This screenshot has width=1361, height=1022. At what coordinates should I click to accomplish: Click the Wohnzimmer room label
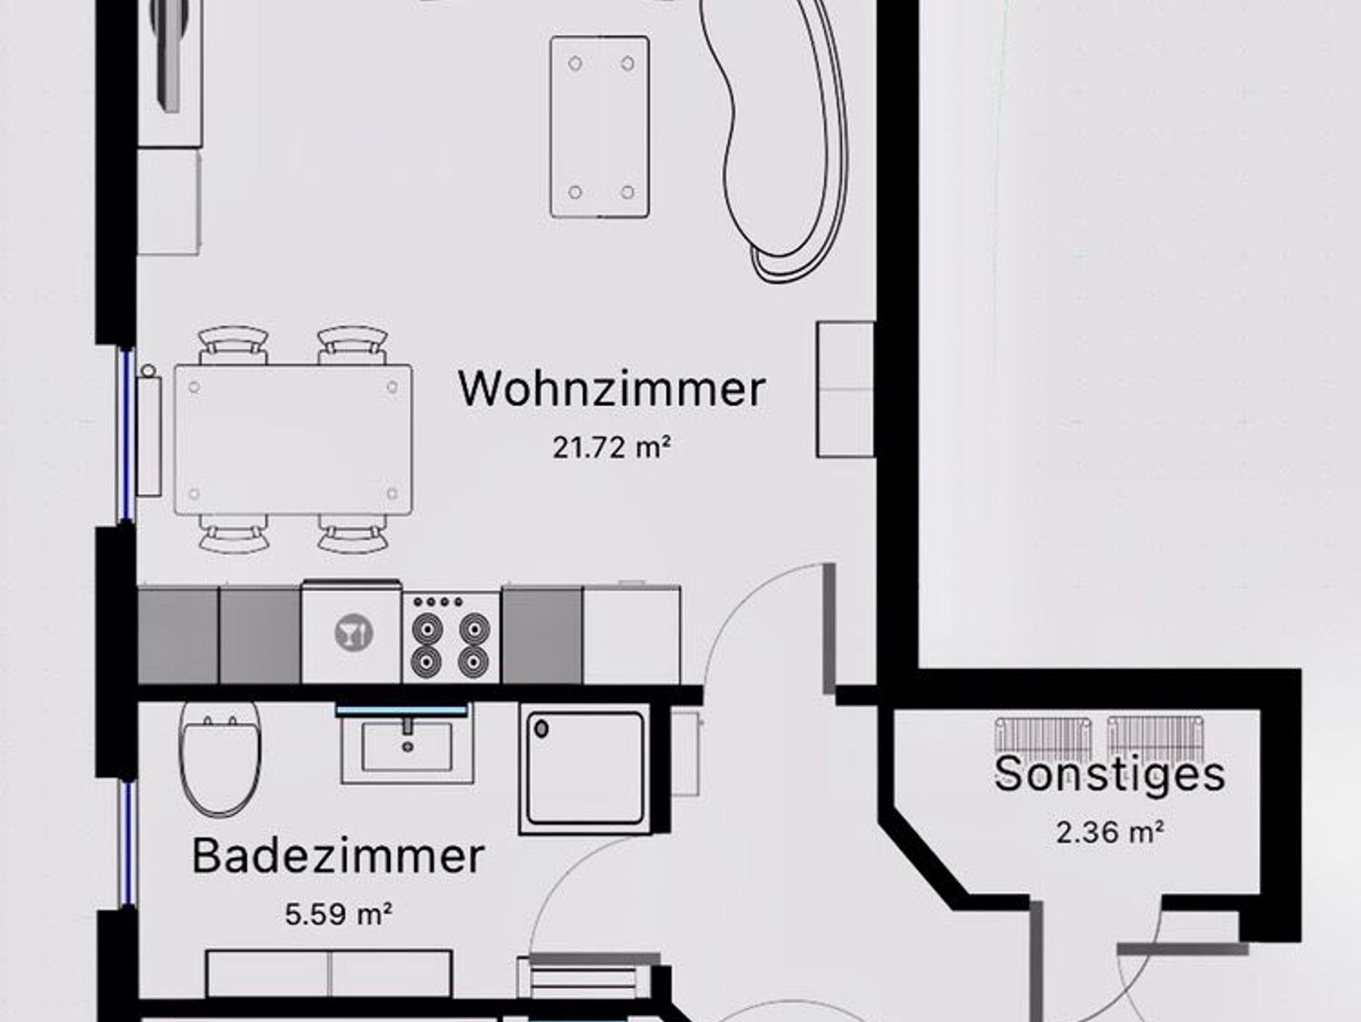point(612,389)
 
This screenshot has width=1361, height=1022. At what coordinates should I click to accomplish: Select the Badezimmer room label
point(338,857)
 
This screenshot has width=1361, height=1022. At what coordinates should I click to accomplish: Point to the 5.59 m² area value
point(338,914)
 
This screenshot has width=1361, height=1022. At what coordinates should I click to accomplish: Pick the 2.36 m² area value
point(1110,832)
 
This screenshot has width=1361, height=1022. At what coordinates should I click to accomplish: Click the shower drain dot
point(542,730)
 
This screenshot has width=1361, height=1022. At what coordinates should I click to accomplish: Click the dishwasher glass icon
point(353,633)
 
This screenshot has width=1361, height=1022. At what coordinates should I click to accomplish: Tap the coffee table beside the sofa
point(599,127)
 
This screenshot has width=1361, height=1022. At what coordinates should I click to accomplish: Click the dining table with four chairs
point(293,440)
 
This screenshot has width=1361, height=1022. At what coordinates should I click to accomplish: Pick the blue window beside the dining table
point(126,435)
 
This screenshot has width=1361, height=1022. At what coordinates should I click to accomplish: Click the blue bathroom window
point(126,844)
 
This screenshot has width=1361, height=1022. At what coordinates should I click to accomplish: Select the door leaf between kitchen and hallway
point(829,628)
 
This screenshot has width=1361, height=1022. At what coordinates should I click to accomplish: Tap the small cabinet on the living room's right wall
point(845,389)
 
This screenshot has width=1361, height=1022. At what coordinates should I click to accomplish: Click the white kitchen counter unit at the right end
point(631,635)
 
